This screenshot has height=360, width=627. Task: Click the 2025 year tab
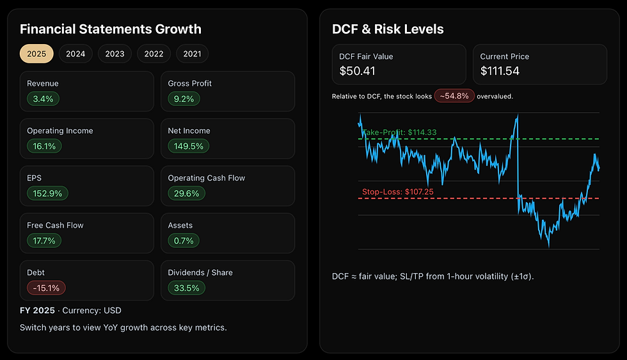[x=36, y=54]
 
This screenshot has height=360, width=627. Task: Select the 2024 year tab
[x=75, y=54]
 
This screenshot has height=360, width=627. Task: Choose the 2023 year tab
[x=115, y=54]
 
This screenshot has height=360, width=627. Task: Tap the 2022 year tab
[x=154, y=54]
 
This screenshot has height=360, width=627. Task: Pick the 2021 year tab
[x=192, y=54]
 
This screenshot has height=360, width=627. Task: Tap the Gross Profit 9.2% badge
[x=184, y=98]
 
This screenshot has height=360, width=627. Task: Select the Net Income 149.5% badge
[x=189, y=146]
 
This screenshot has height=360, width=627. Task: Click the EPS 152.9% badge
[x=47, y=193]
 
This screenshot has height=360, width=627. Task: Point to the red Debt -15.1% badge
[x=46, y=288]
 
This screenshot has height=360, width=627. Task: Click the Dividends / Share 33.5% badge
[x=186, y=288]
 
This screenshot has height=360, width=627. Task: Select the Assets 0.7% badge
[x=183, y=240]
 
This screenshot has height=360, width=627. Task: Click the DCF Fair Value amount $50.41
[x=357, y=70]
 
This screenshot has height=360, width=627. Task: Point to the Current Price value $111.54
[x=500, y=70]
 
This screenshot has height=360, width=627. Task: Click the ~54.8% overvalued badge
[x=454, y=96]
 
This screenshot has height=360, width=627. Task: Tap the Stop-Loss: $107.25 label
[x=397, y=191]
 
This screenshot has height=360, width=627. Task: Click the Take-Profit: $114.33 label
[x=400, y=132]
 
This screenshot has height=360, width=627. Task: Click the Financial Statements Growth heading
[x=110, y=29]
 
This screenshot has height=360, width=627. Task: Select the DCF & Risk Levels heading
[x=388, y=29]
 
